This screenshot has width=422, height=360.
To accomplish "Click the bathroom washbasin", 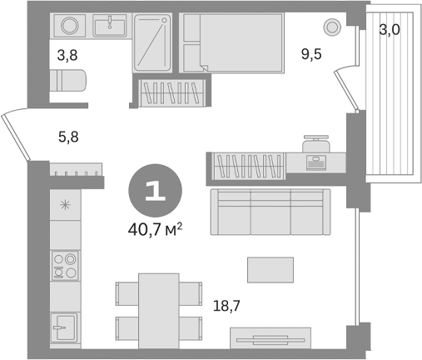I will click(109, 26).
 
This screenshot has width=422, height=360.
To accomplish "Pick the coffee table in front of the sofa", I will click(270, 268).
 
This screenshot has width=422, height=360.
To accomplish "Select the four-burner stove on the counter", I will click(65, 265).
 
